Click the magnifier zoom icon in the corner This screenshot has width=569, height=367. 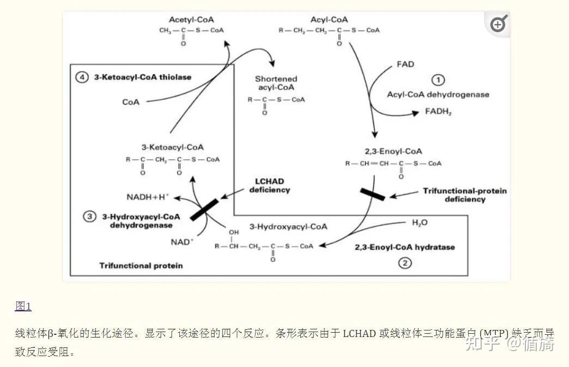tap(498, 25)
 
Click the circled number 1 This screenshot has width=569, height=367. tap(438, 81)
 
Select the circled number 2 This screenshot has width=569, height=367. tap(404, 263)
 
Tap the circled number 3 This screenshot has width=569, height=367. tap(89, 217)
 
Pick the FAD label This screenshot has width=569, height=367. tap(405, 64)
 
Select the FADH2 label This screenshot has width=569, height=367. tap(438, 112)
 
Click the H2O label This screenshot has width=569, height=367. tap(420, 223)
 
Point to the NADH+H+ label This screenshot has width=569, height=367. tap(148, 196)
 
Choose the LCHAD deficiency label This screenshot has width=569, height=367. tap(269, 185)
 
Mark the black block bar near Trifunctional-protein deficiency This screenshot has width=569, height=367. tap(373, 194)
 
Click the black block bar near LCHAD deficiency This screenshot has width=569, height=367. tap(204, 209)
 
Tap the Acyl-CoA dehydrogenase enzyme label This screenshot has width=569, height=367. tap(438, 94)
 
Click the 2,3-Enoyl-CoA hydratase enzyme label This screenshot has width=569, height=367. tap(404, 247)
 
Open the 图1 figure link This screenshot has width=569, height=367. tap(23, 306)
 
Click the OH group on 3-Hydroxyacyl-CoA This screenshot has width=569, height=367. tap(233, 232)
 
